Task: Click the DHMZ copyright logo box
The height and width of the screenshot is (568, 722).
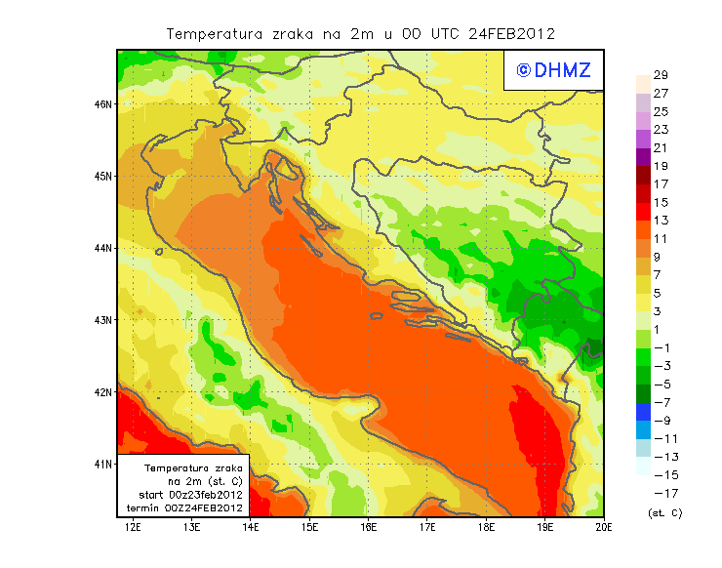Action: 553,69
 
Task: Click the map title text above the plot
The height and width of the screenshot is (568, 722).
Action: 360,33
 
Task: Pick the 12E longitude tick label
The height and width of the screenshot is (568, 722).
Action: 134,528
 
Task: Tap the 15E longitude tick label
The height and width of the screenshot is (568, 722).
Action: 310,528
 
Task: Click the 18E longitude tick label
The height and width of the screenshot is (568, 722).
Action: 486,528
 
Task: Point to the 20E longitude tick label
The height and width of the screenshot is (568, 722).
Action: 604,528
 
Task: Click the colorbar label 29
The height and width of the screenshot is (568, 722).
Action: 661,75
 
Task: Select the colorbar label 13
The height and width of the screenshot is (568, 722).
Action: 661,221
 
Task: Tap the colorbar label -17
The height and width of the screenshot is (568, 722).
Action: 661,493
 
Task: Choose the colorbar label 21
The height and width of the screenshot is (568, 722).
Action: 661,148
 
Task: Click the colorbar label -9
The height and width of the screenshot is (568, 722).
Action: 661,421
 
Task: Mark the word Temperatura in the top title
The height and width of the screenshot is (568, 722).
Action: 214,33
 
